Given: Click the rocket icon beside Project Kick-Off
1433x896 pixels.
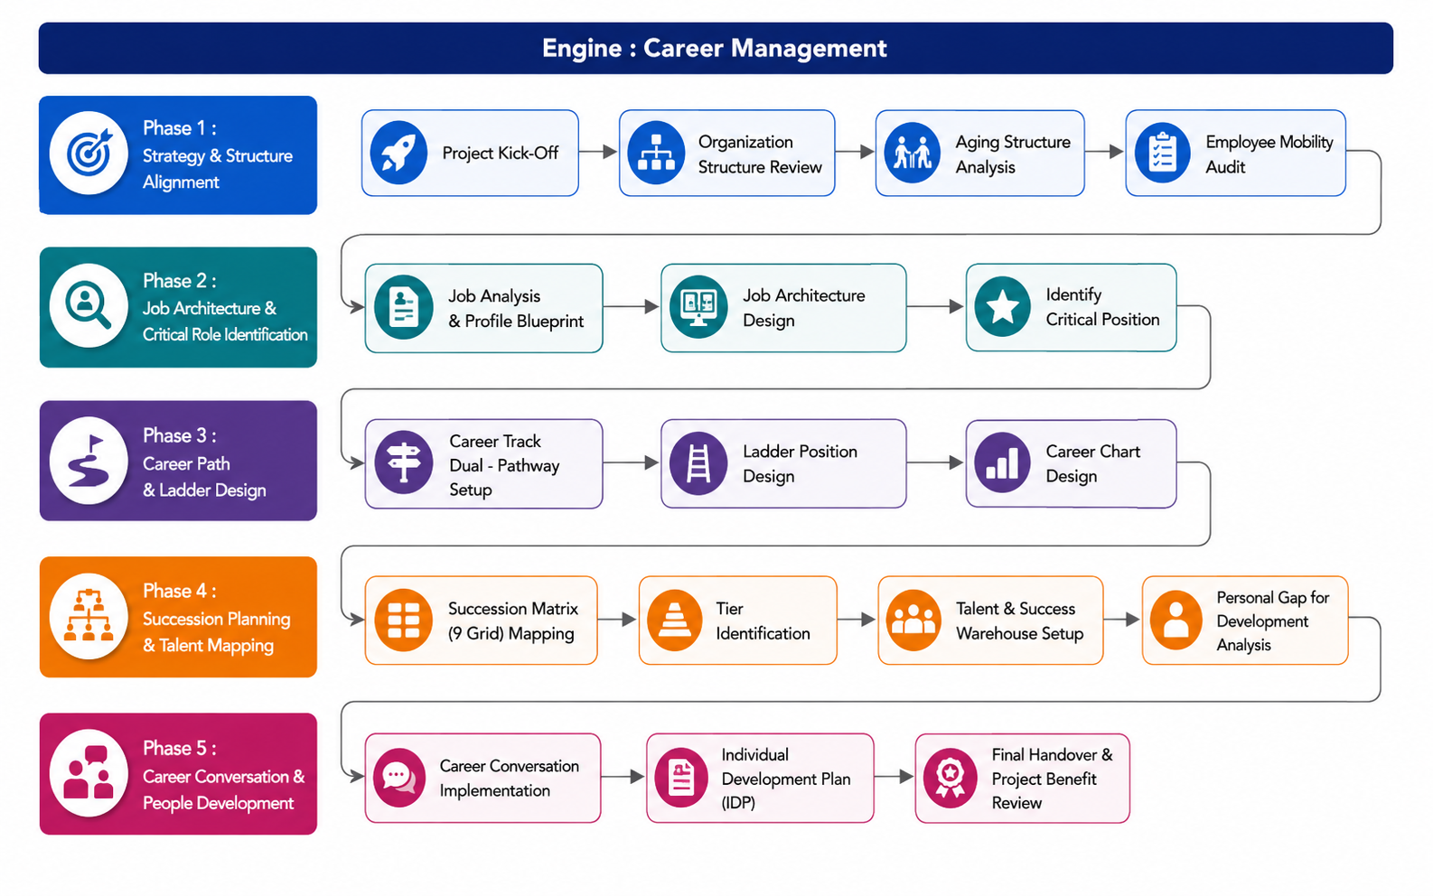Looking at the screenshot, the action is coord(398,153).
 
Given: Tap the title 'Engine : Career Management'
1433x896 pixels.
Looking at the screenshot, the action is coord(715,48).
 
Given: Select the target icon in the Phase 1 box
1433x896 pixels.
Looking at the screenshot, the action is coord(89,153).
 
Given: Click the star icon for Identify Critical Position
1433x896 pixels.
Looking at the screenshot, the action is coord(1002,307).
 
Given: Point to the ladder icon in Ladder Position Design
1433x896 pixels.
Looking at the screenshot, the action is coord(698,463).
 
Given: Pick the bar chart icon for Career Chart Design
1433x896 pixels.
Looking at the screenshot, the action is coord(1002,462).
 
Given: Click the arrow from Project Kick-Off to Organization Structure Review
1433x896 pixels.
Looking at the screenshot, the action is coord(598,153).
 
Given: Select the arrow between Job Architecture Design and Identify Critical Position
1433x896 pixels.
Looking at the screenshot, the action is coord(935,306).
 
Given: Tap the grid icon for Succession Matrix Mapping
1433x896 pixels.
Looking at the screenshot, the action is coord(403,620).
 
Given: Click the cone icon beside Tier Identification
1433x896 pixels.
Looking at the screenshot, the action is coord(674,620).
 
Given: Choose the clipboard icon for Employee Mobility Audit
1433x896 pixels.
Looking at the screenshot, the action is coord(1162,153).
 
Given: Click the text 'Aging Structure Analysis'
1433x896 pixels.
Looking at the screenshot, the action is coord(1013,154).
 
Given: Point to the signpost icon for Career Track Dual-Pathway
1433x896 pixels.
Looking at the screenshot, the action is coord(403,462).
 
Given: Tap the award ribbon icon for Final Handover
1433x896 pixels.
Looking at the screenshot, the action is coord(950,778).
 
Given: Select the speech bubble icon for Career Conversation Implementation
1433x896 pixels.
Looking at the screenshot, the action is coord(399,778).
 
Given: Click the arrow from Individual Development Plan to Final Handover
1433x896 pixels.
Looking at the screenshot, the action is coord(894,777).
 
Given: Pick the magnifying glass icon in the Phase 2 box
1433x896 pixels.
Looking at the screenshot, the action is coord(89,305).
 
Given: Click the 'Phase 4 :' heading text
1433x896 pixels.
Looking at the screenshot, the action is coord(180,591).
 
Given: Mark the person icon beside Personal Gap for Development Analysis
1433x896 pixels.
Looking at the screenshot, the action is coord(1175,620).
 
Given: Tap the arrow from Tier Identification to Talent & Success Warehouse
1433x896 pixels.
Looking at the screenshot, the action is coord(857,619).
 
